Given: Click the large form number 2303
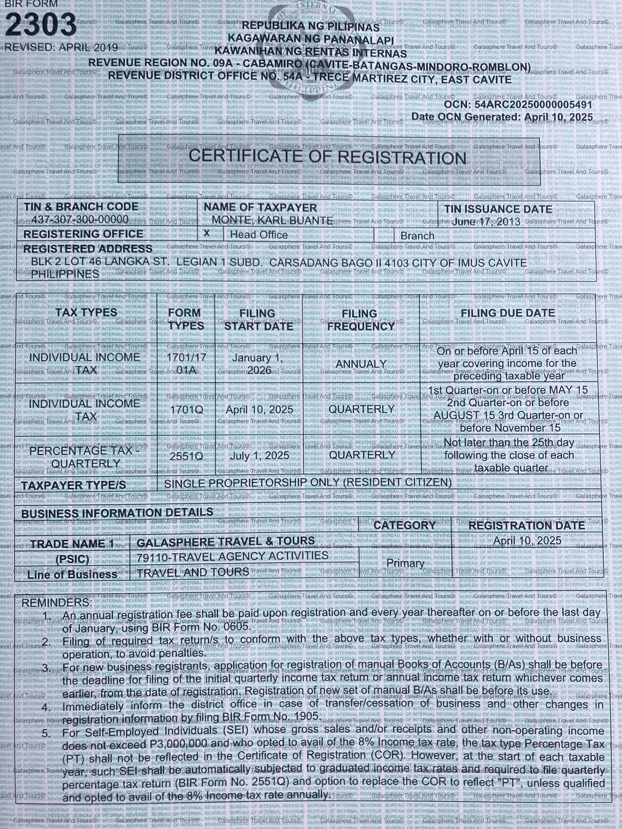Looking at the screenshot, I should click(41, 25).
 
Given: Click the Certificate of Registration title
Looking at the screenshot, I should click(327, 158).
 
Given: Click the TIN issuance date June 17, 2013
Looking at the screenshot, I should click(487, 221).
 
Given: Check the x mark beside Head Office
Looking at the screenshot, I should click(207, 233).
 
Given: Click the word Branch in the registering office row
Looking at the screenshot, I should click(417, 236).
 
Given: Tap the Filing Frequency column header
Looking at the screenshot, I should click(360, 320).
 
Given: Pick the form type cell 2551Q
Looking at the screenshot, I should click(186, 457).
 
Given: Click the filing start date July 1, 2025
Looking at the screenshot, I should click(259, 456).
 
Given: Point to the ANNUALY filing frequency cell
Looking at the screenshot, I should click(361, 364).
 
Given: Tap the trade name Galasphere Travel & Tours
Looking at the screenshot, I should click(226, 542).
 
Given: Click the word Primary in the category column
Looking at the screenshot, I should click(405, 563).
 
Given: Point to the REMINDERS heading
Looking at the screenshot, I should click(57, 601).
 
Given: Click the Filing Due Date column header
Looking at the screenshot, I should click(508, 313).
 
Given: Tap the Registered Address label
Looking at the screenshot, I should click(87, 249).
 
